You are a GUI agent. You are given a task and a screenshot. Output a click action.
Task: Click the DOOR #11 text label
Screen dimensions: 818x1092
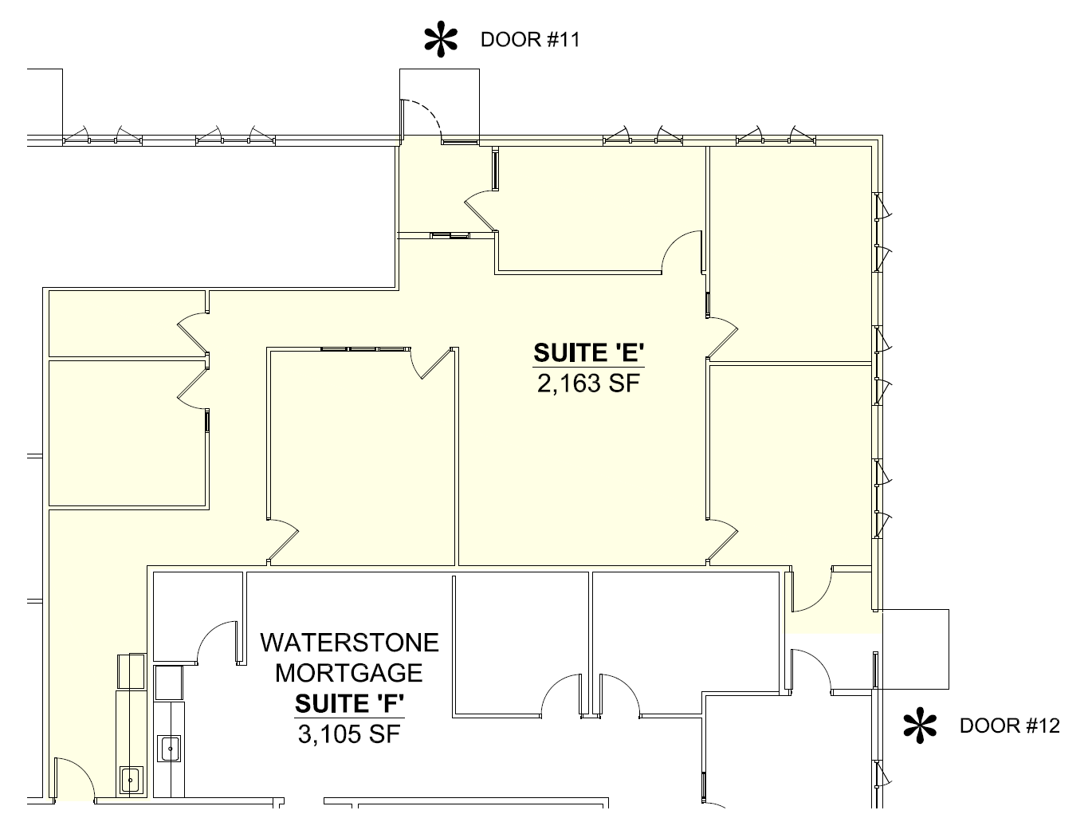tap(529, 40)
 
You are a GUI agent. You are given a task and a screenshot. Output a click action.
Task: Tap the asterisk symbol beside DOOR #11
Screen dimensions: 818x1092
tap(442, 40)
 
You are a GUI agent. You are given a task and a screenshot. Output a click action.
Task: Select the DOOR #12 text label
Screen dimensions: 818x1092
tap(1009, 726)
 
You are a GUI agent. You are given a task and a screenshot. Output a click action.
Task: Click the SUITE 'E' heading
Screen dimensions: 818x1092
tap(588, 352)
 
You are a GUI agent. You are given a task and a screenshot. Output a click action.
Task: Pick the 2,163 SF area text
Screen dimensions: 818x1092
tap(588, 384)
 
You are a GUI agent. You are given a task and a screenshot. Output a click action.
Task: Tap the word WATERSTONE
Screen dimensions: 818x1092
tap(349, 642)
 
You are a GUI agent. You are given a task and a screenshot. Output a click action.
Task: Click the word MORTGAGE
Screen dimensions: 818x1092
tap(349, 673)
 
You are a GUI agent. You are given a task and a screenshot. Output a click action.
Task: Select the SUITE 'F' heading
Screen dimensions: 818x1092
tap(349, 704)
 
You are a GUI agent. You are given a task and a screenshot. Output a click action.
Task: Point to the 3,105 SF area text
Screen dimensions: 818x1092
tap(349, 734)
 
